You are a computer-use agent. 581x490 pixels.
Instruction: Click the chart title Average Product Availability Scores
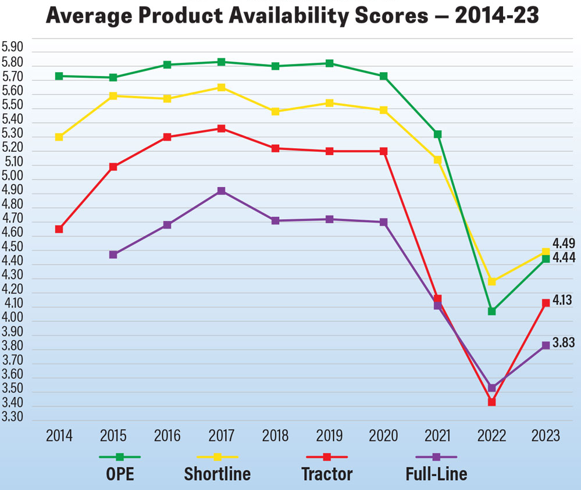(x=292, y=16)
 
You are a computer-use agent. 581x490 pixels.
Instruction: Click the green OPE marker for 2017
(x=222, y=62)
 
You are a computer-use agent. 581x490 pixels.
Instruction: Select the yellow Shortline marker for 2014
(x=59, y=137)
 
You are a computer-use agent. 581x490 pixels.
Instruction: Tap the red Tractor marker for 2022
(x=492, y=402)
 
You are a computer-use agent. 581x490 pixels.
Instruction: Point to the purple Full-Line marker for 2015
(x=113, y=255)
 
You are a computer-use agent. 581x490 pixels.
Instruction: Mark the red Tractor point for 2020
(x=384, y=151)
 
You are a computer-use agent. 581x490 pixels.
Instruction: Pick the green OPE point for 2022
(x=492, y=311)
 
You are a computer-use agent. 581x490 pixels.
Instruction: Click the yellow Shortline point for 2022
(x=492, y=281)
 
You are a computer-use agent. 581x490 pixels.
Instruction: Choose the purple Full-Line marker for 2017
(x=222, y=191)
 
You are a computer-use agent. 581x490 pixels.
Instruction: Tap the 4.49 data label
(x=564, y=244)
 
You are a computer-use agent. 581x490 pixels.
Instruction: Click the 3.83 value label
(x=564, y=343)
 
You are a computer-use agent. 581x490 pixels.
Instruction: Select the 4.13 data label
(x=562, y=301)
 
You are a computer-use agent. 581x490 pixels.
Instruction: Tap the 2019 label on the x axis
(x=329, y=436)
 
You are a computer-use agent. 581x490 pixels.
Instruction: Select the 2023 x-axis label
(x=546, y=436)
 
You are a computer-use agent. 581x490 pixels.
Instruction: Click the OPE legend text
(x=120, y=474)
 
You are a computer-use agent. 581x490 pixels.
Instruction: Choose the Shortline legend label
(x=218, y=474)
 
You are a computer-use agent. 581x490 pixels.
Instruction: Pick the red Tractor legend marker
(x=327, y=457)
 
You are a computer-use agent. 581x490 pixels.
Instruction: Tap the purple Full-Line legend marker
(x=436, y=457)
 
